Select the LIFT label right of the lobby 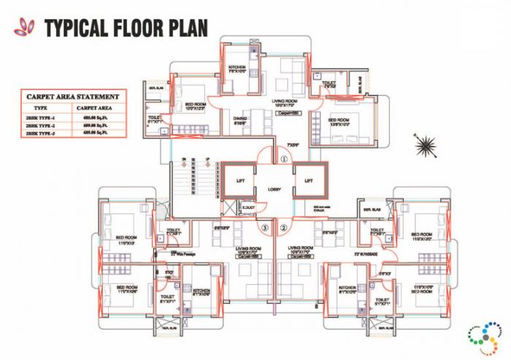309,179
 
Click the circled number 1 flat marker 284,158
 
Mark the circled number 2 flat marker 284,226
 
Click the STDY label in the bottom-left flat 169,272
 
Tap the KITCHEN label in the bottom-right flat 347,288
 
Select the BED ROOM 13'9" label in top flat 342,121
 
